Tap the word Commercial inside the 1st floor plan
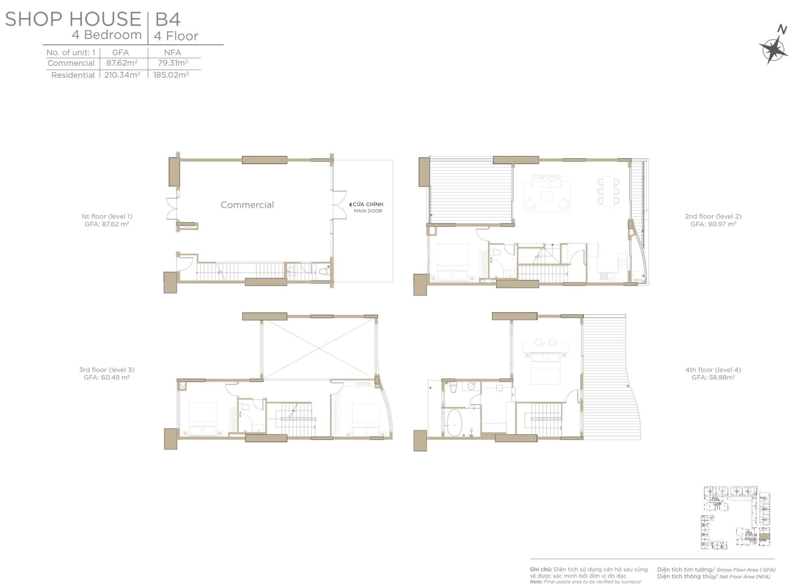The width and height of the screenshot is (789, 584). tap(247, 205)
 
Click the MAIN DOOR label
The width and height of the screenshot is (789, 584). tap(368, 211)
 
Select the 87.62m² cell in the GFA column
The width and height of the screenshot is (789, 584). tap(122, 63)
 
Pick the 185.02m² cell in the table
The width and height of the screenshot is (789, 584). tap(171, 75)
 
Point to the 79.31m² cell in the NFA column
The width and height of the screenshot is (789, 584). tap(173, 63)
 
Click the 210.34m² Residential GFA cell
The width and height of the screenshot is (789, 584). tap(122, 75)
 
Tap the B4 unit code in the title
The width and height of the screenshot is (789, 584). tap(168, 19)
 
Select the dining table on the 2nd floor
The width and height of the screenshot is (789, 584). tap(608, 191)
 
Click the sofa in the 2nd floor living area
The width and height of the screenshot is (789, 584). tap(546, 181)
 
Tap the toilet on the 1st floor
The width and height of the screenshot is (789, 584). tap(323, 272)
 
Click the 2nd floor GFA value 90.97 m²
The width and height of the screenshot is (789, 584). tap(713, 224)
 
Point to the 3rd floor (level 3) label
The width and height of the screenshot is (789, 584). tap(107, 370)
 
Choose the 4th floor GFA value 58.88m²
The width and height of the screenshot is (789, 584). tap(713, 377)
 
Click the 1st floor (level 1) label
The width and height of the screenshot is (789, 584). tap(107, 216)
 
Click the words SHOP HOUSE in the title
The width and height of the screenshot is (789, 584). tap(73, 19)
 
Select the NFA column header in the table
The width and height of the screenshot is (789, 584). tap(173, 52)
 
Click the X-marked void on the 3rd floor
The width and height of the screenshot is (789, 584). tap(319, 348)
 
